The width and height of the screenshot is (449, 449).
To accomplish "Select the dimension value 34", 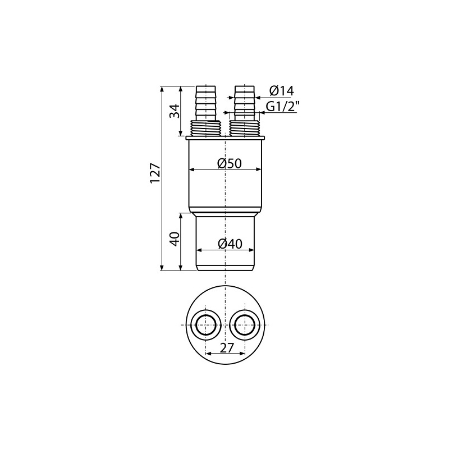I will coord(175,111).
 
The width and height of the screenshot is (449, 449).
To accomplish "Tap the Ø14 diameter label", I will coord(281,91).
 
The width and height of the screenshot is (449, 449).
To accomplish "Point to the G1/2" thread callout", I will coord(282,107).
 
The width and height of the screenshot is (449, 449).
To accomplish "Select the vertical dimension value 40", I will coord(175,239).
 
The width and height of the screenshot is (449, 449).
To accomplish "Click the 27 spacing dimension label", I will coord(226,347).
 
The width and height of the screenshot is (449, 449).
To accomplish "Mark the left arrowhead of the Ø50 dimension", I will coord(191,169).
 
